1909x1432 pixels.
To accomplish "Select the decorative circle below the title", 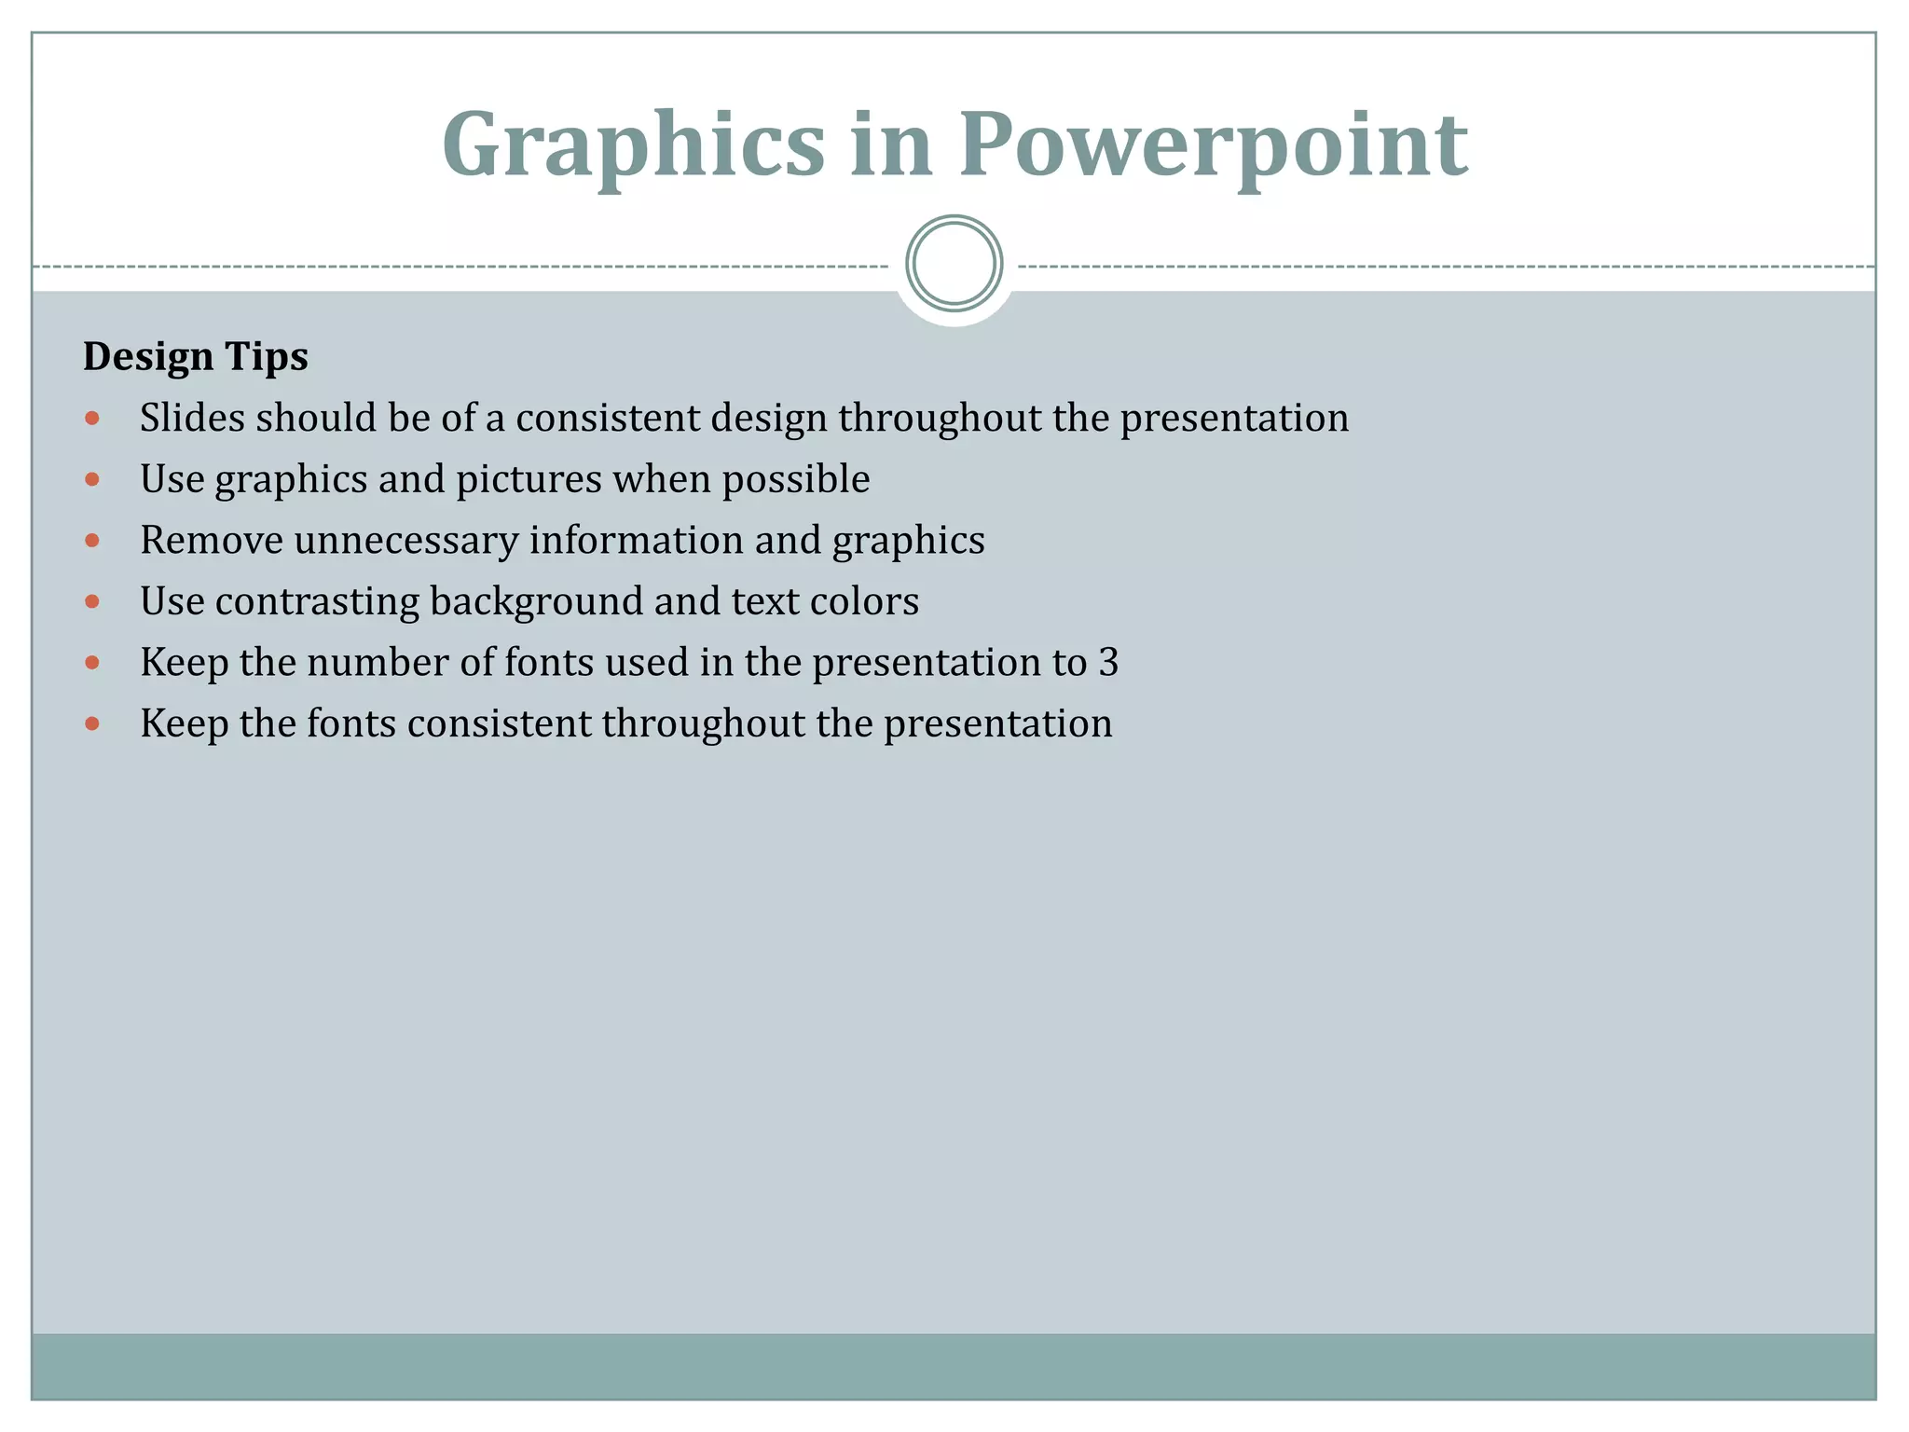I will [954, 264].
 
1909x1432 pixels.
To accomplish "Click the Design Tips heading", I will [196, 357].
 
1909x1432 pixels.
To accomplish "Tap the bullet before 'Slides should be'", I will [92, 419].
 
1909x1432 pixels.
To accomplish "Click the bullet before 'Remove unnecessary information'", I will [92, 541].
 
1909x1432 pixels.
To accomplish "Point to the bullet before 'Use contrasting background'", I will [92, 602].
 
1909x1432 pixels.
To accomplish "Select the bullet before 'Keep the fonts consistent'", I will [92, 724].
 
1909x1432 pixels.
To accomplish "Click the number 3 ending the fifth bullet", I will [1108, 663].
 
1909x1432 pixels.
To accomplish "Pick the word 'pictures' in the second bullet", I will [529, 480].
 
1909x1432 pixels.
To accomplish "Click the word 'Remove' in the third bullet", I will [212, 541].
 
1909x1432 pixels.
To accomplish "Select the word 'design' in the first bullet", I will [768, 419].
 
